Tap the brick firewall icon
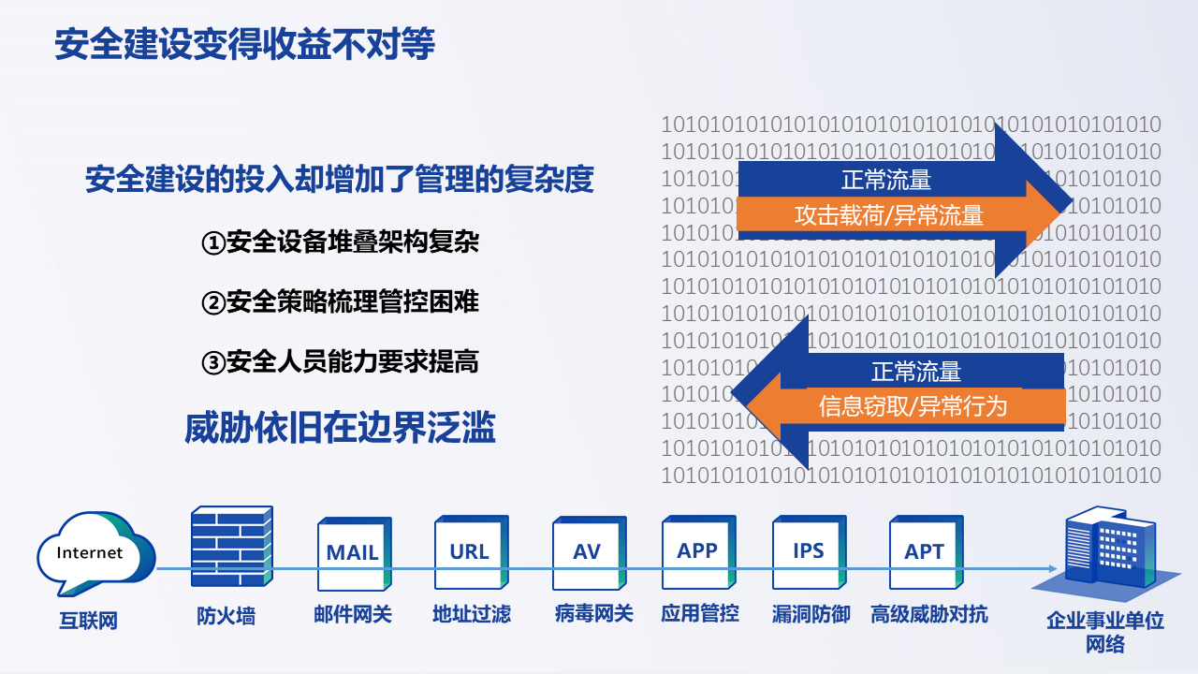(x=232, y=546)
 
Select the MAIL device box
(x=354, y=553)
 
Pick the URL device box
(x=471, y=552)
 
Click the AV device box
(x=589, y=553)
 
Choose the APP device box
(x=699, y=552)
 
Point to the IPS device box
(x=810, y=552)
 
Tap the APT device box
(x=927, y=552)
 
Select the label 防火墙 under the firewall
(x=226, y=616)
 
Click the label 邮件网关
(x=353, y=614)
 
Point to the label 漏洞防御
(x=811, y=614)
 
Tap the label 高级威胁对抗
(x=929, y=614)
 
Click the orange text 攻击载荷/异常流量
(x=889, y=215)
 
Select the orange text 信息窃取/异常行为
(x=913, y=406)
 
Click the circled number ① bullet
(x=212, y=242)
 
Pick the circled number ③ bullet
(x=212, y=362)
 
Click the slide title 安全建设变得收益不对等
(x=245, y=44)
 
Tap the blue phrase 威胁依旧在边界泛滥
(x=340, y=428)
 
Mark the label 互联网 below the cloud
(x=88, y=621)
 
